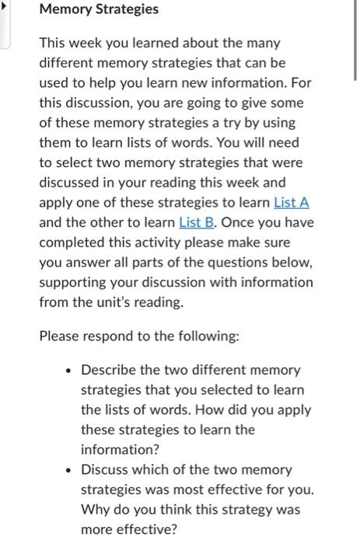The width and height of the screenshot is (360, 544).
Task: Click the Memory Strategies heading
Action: (x=98, y=10)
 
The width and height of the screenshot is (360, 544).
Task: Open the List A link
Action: (x=292, y=202)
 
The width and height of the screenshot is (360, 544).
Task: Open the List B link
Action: (x=197, y=222)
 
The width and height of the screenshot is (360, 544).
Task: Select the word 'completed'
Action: (x=71, y=242)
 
